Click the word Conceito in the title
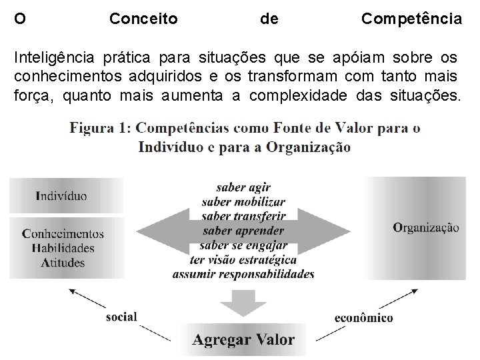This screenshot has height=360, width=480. [x=143, y=19]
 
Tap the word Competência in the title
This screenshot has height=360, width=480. [x=411, y=19]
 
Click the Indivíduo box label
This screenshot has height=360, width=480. [x=61, y=197]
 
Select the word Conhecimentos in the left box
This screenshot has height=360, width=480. [x=63, y=234]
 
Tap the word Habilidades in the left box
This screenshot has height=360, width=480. [x=63, y=248]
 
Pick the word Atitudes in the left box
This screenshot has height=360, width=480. [x=63, y=262]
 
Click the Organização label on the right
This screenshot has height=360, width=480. [x=426, y=227]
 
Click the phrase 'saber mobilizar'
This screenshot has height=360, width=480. [x=243, y=202]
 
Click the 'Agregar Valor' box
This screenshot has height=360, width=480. [x=243, y=339]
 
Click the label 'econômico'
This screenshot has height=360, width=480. [x=363, y=317]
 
